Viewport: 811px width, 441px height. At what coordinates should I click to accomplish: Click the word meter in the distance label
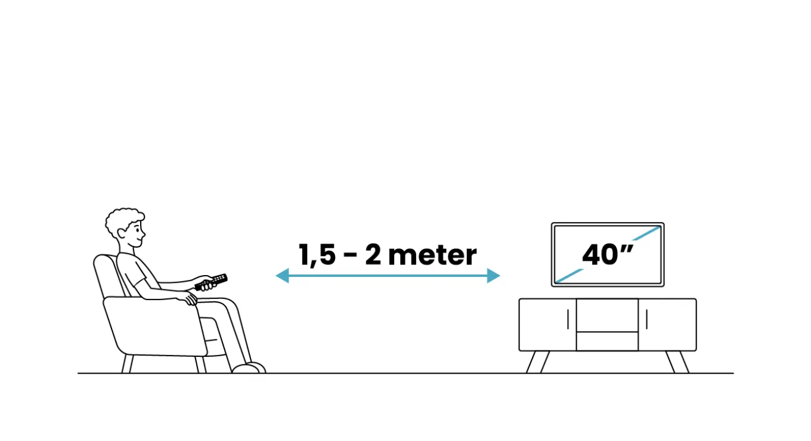click(x=432, y=255)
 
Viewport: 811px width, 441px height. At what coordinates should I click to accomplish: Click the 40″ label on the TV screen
click(x=608, y=254)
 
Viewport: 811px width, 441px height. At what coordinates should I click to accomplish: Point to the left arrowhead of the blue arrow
click(x=283, y=276)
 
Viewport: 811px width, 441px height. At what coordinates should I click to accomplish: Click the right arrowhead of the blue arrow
click(x=494, y=276)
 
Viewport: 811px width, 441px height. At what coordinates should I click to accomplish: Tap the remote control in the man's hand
click(x=212, y=282)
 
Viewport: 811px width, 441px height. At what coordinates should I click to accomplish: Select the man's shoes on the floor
click(x=249, y=368)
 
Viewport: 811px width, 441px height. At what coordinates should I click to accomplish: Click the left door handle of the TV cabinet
click(x=568, y=319)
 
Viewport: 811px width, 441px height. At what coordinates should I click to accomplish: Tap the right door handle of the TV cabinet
click(x=646, y=319)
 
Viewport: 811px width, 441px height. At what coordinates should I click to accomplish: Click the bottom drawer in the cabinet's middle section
click(x=607, y=341)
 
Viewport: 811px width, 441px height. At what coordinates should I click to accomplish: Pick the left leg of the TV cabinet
click(x=538, y=362)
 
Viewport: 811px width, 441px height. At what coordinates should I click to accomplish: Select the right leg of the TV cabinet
click(x=677, y=362)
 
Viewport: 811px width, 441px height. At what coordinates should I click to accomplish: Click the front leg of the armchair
click(x=201, y=365)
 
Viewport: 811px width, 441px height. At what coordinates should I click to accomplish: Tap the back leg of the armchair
click(x=128, y=364)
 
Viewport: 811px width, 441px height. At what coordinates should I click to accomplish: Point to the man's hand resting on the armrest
click(x=190, y=299)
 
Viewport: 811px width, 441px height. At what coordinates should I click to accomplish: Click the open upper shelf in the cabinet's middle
click(x=607, y=315)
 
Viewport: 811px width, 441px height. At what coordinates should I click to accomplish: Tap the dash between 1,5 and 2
click(x=349, y=256)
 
